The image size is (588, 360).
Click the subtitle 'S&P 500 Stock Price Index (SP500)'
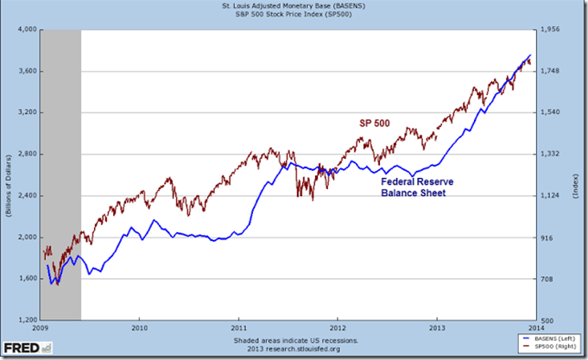294,17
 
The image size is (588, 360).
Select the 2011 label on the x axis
239,328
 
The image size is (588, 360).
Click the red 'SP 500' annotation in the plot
376,123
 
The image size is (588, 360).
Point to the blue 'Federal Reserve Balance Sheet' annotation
417,189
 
